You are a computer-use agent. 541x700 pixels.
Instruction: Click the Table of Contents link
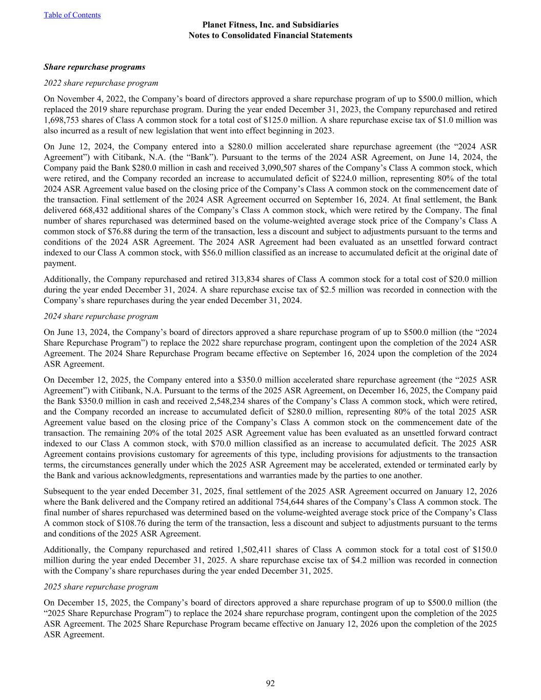(72, 15)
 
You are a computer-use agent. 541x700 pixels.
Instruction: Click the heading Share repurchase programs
(94, 67)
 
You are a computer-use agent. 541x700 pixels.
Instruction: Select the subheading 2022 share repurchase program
(101, 83)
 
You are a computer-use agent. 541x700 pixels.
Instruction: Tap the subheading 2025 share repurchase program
(101, 587)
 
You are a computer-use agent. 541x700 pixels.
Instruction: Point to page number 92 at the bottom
(271, 683)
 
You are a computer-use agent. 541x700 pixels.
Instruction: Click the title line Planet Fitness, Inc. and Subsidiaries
(270, 25)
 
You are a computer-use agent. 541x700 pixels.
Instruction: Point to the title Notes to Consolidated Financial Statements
(270, 35)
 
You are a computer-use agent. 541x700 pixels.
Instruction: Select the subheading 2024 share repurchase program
(101, 316)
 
